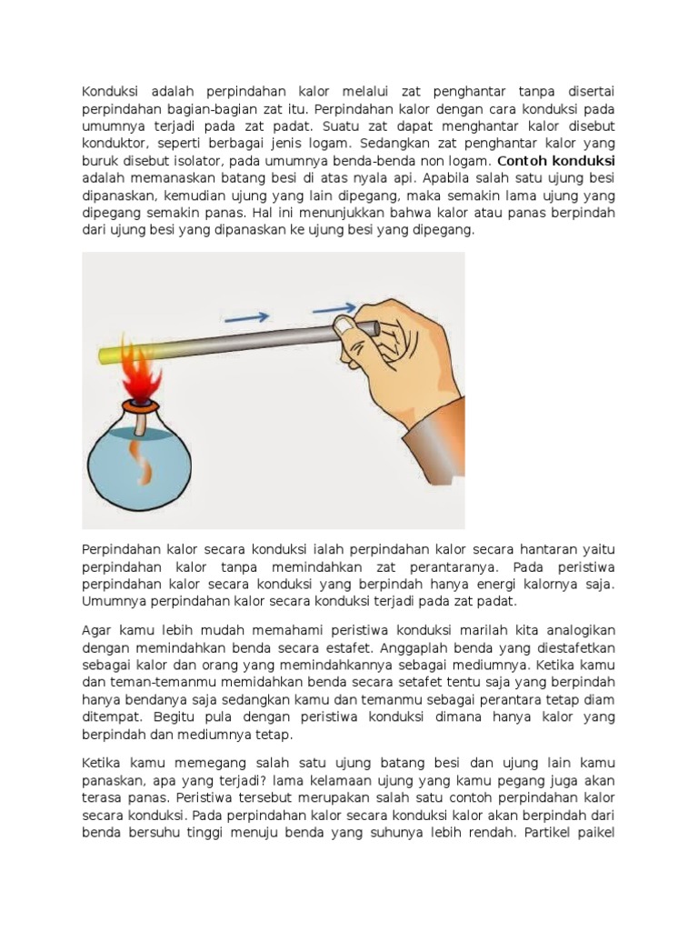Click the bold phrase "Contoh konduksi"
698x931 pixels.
click(x=557, y=161)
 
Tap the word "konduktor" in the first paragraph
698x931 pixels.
click(x=115, y=144)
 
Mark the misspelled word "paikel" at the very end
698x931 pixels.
click(x=597, y=832)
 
